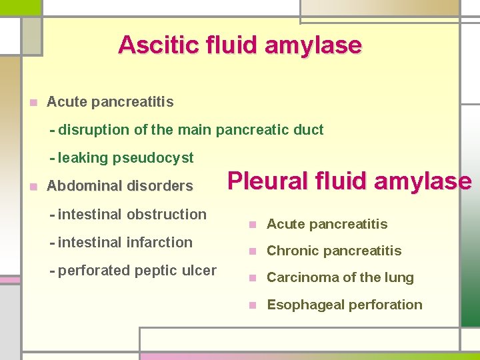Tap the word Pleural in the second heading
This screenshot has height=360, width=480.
click(x=265, y=181)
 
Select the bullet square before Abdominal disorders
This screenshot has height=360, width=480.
click(x=33, y=187)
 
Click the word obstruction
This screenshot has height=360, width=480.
click(x=166, y=215)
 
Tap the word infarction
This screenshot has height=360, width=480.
click(x=161, y=243)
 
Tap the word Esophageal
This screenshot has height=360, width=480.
click(x=300, y=305)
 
